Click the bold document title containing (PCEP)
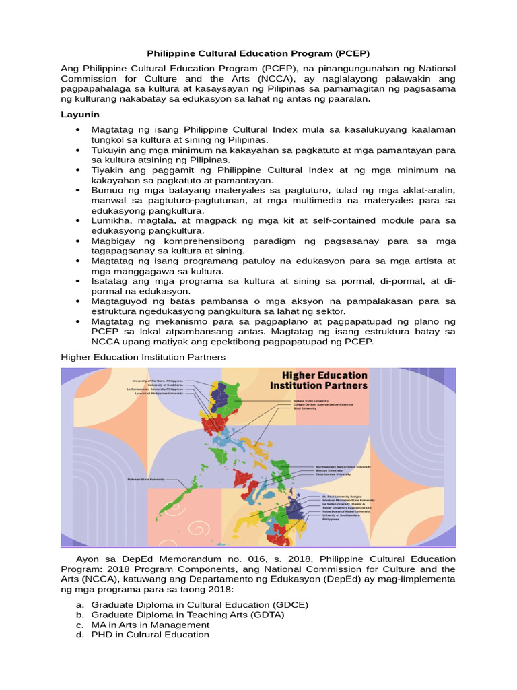(258, 53)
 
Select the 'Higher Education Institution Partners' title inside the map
(318, 381)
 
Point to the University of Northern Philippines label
(158, 380)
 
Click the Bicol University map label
(300, 408)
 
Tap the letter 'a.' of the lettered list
(79, 605)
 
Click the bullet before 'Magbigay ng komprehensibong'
(79, 241)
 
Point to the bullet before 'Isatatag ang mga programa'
(79, 280)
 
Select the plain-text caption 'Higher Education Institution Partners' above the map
(143, 356)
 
